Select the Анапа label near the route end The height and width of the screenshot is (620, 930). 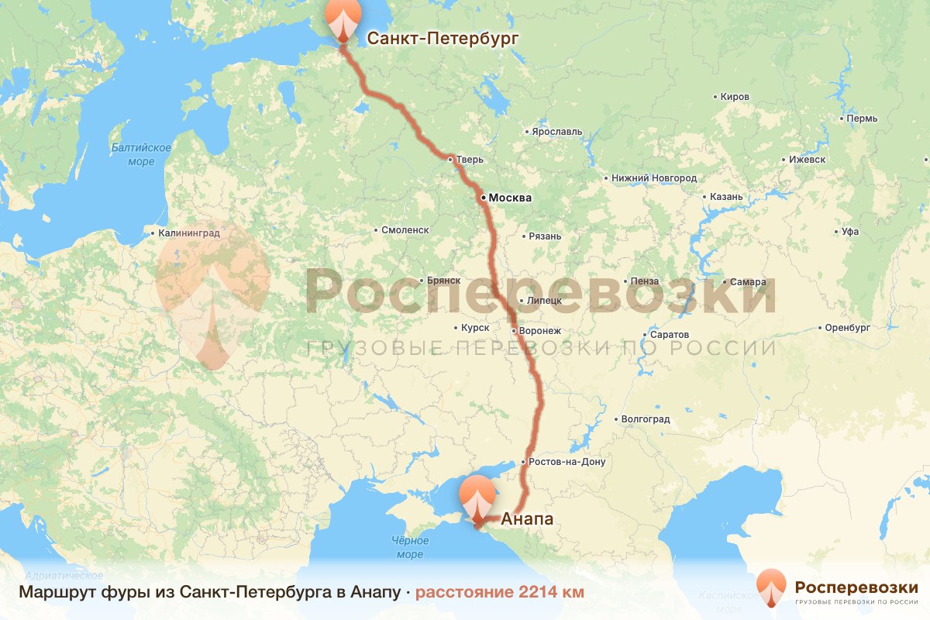pos(528,518)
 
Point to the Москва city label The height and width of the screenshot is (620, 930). pos(509,198)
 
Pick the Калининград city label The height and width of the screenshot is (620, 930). pos(189,232)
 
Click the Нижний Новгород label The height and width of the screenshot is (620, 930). pos(653,178)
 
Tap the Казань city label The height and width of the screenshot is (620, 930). pos(726,197)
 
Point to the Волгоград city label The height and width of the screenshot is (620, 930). pos(645,419)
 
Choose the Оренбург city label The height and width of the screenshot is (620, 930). pos(848,327)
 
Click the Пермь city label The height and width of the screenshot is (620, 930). pos(862,119)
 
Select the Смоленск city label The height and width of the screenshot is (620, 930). pos(405,230)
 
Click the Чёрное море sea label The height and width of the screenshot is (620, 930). pos(409,547)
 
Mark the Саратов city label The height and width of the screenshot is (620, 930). pos(670,335)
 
